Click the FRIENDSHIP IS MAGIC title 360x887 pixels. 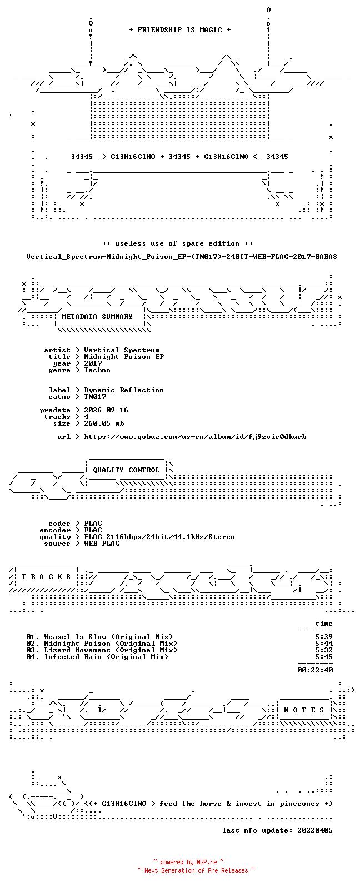[180, 30]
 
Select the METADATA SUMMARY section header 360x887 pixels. [97, 317]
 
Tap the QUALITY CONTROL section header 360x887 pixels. [126, 470]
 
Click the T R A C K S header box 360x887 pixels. [46, 576]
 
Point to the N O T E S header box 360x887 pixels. [304, 710]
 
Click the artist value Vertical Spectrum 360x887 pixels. [122, 350]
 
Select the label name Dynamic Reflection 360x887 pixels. [123, 391]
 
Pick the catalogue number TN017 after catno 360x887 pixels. [95, 397]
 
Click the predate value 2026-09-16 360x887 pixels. [106, 410]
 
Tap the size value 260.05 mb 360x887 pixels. [104, 423]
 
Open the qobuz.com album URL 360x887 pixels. [195, 437]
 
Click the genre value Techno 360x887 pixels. [97, 370]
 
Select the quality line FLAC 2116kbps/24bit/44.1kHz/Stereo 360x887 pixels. [159, 537]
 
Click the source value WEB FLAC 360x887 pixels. [101, 544]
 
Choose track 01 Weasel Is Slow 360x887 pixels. [99, 637]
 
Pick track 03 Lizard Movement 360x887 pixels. [101, 651]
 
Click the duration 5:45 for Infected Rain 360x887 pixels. [324, 657]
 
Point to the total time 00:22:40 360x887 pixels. [315, 670]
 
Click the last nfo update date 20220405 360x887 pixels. [315, 830]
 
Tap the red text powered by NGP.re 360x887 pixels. [188, 862]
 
